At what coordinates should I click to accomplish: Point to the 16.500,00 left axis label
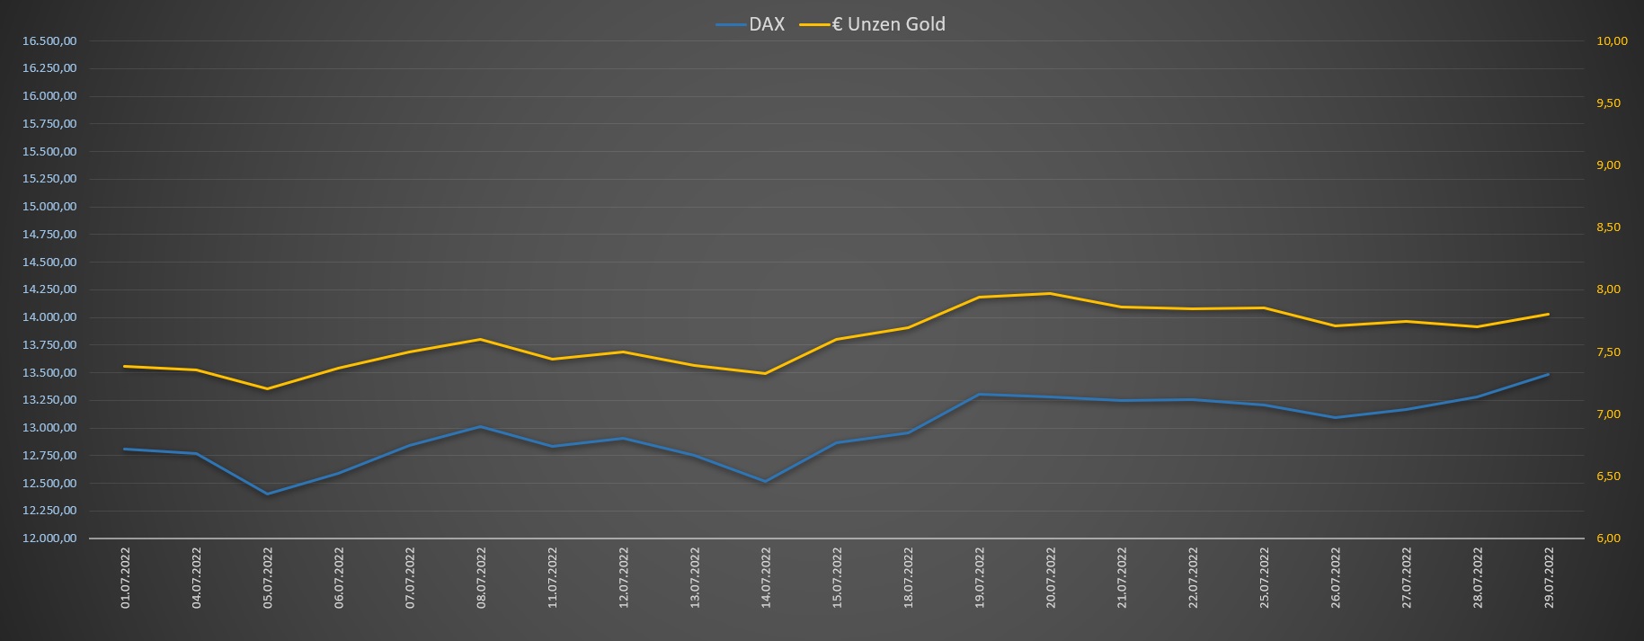tap(49, 41)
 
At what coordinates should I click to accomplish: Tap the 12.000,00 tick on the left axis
tap(49, 539)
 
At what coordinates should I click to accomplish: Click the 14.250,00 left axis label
tap(49, 289)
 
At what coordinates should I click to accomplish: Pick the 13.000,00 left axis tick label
tap(49, 428)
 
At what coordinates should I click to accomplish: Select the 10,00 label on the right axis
tap(1611, 41)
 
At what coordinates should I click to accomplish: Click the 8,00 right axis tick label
tap(1607, 289)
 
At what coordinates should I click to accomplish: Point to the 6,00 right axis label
tap(1607, 539)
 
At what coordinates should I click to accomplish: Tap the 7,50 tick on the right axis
tap(1607, 352)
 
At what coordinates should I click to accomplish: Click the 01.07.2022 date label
tap(125, 577)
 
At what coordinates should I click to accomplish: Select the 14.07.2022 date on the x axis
tap(766, 577)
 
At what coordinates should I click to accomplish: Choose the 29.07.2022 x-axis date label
tap(1549, 577)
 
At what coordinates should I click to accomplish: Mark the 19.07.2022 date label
tap(980, 577)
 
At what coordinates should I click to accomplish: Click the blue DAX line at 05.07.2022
tap(267, 494)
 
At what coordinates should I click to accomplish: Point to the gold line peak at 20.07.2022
tap(1050, 293)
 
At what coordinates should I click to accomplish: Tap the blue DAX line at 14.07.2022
tap(765, 482)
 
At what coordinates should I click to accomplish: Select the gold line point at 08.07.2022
tap(481, 339)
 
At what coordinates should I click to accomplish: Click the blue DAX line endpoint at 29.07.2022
tap(1548, 374)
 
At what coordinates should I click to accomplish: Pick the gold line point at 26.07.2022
tap(1335, 325)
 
